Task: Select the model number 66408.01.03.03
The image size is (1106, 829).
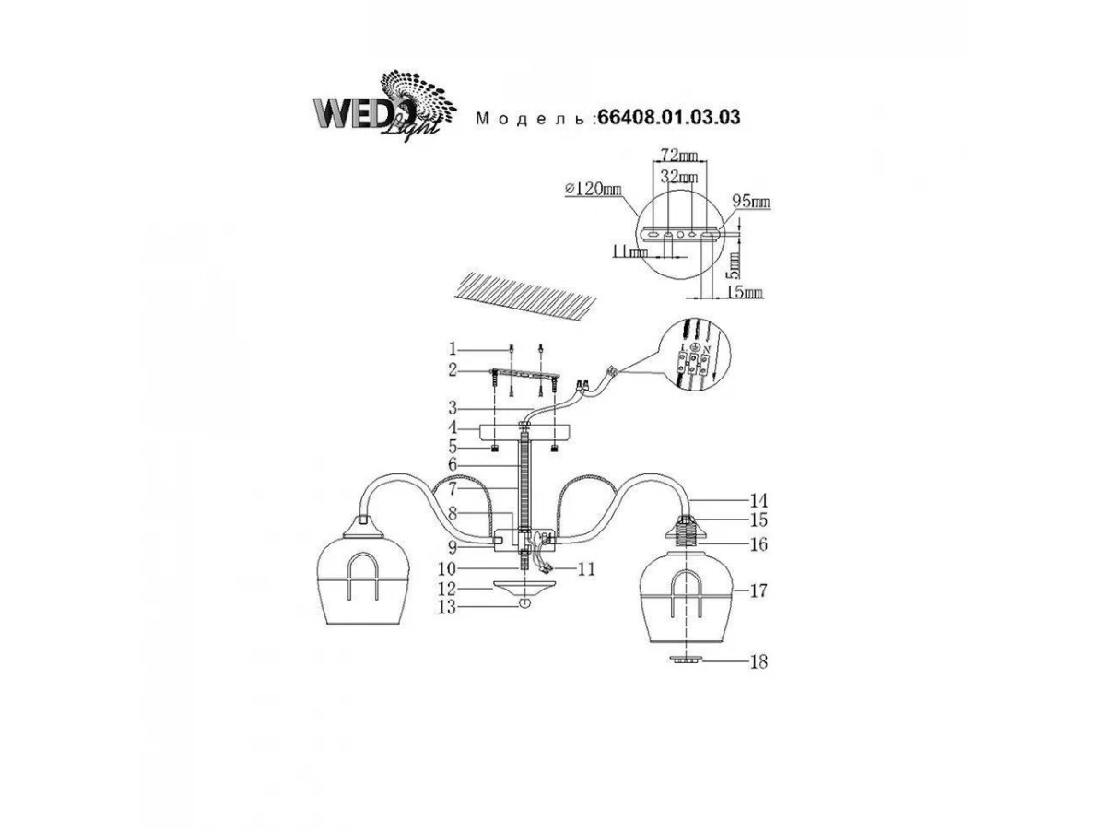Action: (669, 118)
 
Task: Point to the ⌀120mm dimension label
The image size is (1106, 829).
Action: (592, 189)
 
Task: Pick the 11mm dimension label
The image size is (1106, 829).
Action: (630, 251)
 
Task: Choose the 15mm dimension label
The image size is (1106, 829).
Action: (746, 293)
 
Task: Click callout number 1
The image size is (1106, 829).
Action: (453, 349)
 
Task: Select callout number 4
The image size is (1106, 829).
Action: (453, 427)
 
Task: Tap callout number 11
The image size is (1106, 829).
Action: (586, 569)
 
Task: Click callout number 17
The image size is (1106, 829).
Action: (759, 590)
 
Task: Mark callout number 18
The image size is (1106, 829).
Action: (759, 661)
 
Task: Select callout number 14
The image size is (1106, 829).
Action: (759, 500)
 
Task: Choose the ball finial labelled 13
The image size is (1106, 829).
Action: (524, 603)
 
